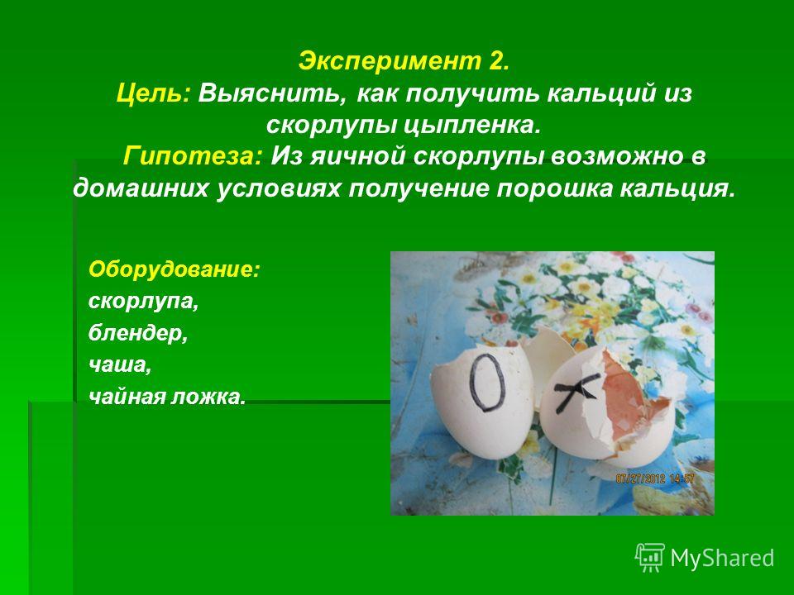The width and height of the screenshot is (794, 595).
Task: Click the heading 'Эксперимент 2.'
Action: pos(404,62)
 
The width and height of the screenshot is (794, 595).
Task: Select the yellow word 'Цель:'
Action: pos(153,93)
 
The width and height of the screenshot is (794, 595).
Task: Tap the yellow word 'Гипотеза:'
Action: pos(193,156)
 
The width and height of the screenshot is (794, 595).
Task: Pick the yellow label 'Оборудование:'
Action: pos(175,269)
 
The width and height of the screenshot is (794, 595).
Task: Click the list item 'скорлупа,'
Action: pos(144,302)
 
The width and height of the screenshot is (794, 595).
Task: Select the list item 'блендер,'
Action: pos(138,333)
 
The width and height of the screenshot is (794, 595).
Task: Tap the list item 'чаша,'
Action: pos(120,365)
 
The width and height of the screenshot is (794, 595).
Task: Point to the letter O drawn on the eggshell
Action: pos(487,382)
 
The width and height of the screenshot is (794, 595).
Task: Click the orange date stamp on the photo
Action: pos(655,478)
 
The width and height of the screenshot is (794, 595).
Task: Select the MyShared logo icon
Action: pos(650,558)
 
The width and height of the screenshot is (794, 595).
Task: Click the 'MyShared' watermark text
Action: pos(722,558)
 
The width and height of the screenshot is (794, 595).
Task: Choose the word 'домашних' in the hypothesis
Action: pos(141,188)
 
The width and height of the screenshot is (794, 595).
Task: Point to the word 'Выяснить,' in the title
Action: pos(273,93)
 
